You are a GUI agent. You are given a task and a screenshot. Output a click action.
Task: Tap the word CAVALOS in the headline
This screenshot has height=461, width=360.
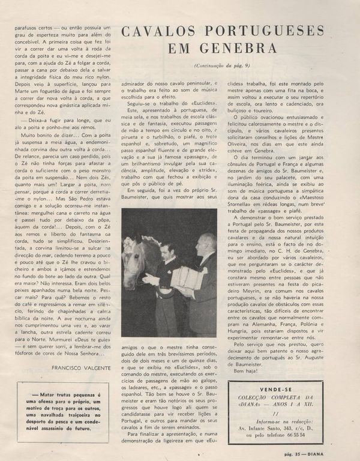point(158,31)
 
